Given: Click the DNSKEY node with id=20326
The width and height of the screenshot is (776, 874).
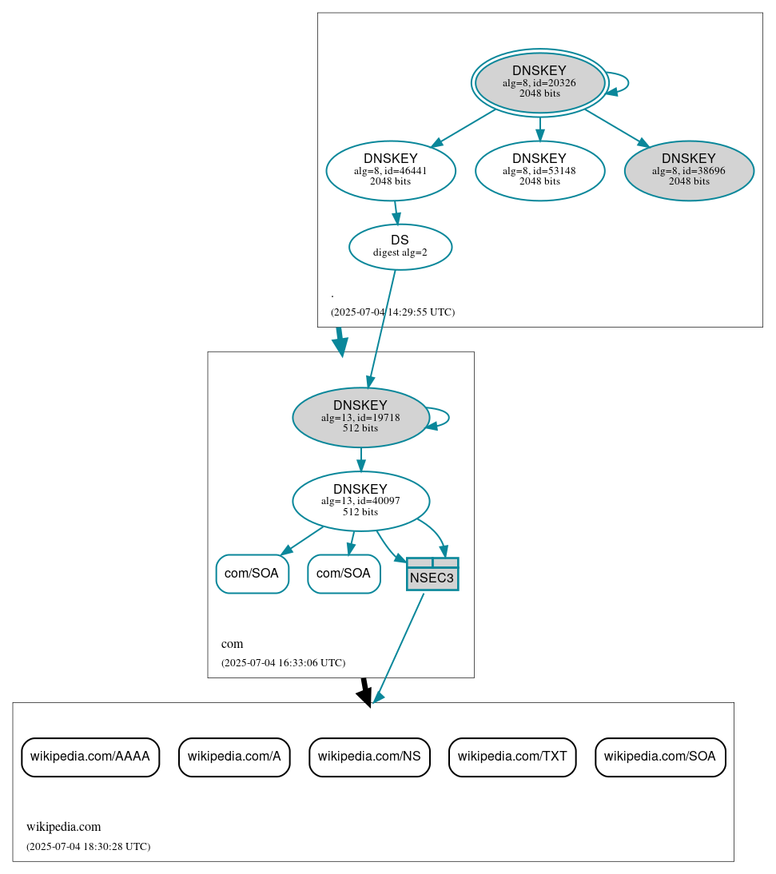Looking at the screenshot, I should click(x=539, y=82).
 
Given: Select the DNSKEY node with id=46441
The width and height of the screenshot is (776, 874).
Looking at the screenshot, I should click(x=391, y=170).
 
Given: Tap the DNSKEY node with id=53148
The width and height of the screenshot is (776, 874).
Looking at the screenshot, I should click(x=539, y=170).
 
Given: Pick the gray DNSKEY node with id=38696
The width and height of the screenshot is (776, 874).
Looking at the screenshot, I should click(x=689, y=170).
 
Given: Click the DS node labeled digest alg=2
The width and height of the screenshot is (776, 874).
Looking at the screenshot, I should click(x=400, y=247).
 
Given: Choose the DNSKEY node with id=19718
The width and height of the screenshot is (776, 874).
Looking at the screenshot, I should click(x=360, y=417).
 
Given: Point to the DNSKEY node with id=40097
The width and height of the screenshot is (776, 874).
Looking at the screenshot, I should click(x=360, y=501).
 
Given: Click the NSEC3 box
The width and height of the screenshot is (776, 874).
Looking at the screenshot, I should click(x=432, y=574).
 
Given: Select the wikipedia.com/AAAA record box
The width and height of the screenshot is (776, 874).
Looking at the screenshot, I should click(x=90, y=757).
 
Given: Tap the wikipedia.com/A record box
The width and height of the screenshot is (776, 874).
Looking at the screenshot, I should click(x=234, y=757).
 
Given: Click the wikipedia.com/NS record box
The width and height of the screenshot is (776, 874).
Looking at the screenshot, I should click(x=369, y=757).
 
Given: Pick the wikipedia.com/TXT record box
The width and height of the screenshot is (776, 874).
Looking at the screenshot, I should click(x=512, y=757).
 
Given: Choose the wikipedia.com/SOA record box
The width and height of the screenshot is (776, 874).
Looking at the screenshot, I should click(x=660, y=757).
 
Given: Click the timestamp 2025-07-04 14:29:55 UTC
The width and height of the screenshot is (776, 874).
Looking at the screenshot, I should click(x=392, y=312).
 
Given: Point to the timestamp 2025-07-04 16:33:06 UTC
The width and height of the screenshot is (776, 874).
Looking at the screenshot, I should click(x=283, y=663).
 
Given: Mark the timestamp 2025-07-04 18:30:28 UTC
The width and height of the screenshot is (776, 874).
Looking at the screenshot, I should click(x=88, y=846).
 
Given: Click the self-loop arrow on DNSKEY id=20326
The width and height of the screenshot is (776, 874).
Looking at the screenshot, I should click(x=627, y=82).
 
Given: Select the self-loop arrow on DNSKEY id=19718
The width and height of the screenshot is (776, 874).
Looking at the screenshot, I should click(x=448, y=417).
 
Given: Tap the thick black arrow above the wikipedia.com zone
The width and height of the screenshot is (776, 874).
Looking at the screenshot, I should click(x=364, y=692).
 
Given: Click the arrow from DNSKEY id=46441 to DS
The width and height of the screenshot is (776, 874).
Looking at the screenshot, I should click(x=396, y=213).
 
